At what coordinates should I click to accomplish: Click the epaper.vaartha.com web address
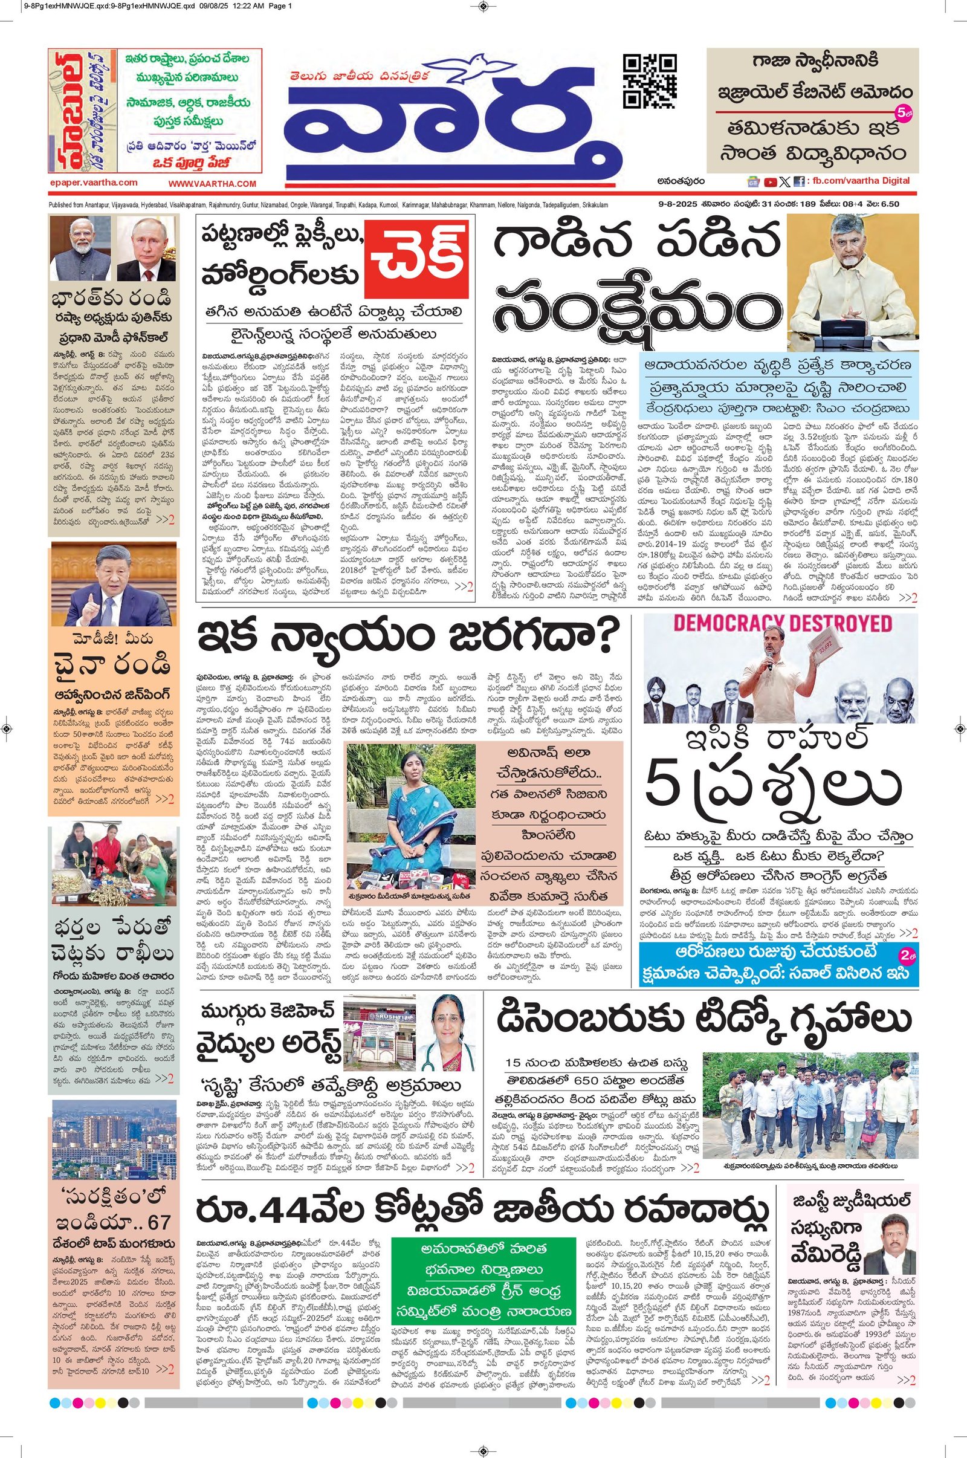pyautogui.click(x=94, y=183)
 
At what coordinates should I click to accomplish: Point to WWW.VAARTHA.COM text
pyautogui.click(x=212, y=184)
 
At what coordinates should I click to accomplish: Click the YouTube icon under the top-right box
pyautogui.click(x=770, y=181)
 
